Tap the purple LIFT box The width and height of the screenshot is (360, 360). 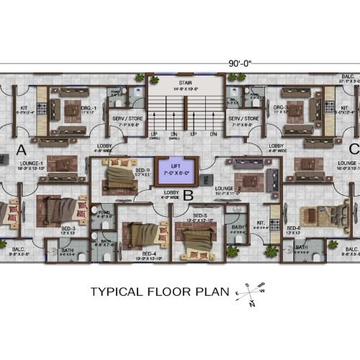(175, 170)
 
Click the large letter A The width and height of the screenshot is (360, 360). (20, 150)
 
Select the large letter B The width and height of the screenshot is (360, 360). (189, 193)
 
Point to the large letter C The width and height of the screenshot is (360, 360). (353, 149)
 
